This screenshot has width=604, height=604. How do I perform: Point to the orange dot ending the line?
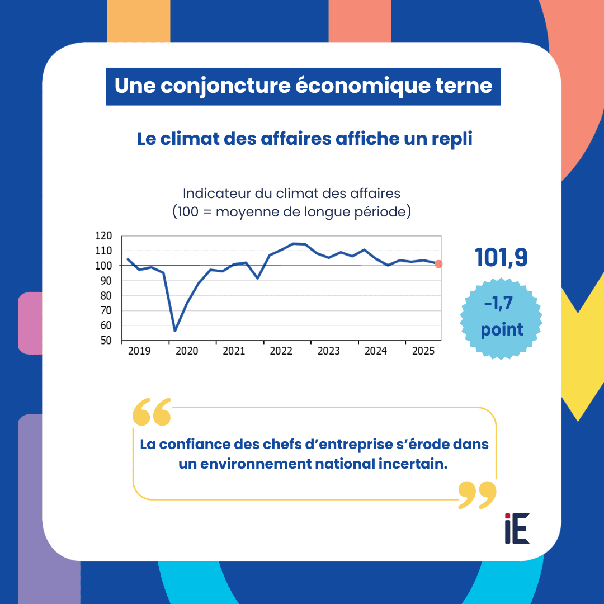click(438, 264)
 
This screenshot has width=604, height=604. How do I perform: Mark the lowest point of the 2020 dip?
click(175, 331)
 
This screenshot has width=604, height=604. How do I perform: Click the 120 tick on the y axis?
click(103, 235)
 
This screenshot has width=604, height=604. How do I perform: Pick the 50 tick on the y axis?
click(106, 341)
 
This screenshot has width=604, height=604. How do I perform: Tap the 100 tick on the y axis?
click(103, 266)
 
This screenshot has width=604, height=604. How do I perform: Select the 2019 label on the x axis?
click(139, 351)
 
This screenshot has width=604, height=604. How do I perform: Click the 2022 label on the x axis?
click(281, 351)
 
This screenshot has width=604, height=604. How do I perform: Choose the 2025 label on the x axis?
click(423, 351)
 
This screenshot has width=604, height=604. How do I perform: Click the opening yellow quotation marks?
click(152, 413)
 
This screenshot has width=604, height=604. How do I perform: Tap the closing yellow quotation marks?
click(477, 494)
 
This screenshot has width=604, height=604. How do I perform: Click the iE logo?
click(516, 528)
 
